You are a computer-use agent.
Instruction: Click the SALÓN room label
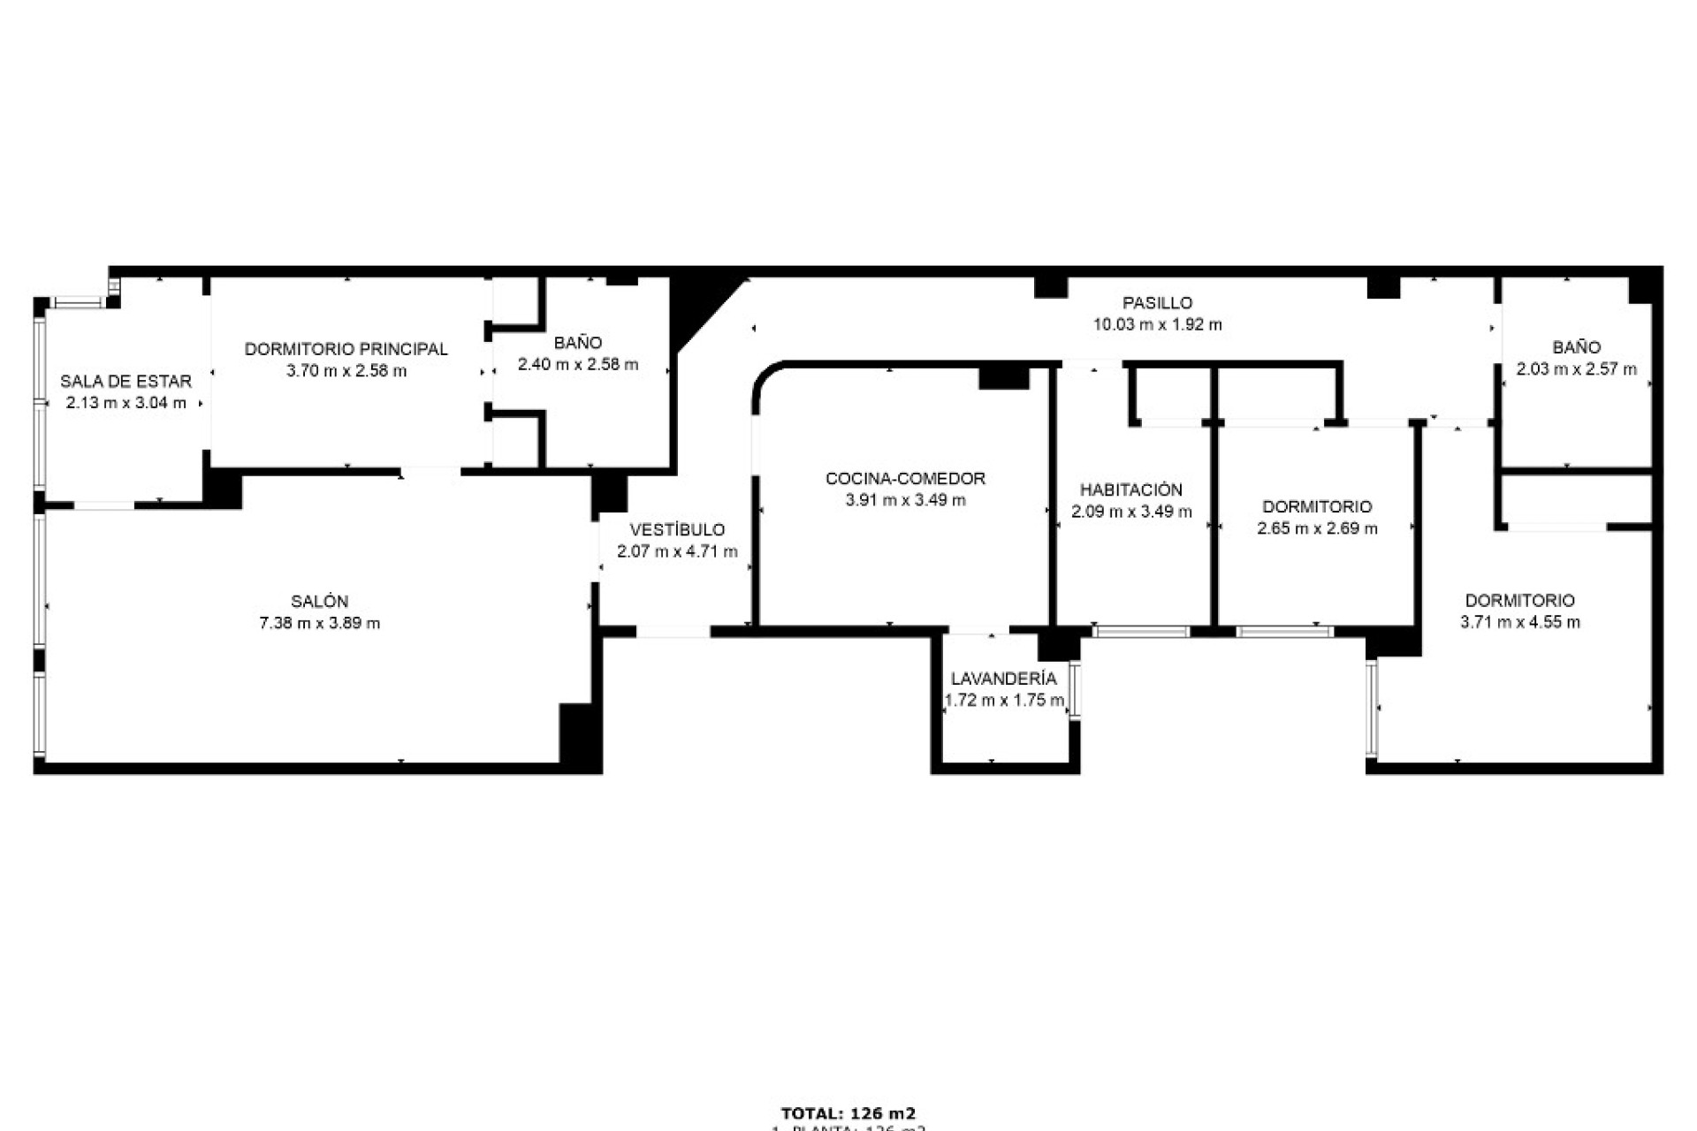(319, 602)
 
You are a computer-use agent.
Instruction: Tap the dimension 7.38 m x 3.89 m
(319, 623)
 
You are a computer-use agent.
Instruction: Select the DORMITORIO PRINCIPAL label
(346, 349)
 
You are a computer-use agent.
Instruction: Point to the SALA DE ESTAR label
(126, 382)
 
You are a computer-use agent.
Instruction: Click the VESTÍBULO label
(677, 530)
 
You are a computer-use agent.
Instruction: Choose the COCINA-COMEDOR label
(905, 479)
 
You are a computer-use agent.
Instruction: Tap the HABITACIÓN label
(1130, 490)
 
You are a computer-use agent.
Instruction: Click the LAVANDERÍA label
(1003, 679)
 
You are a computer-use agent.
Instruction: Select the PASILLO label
(1157, 303)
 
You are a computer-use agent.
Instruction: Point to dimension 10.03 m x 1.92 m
(1157, 324)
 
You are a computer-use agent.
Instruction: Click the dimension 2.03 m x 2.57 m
(1576, 369)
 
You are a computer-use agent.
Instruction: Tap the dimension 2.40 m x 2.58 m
(577, 364)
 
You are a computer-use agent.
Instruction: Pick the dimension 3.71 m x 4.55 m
(1519, 622)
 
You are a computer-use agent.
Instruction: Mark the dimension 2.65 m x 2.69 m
(1317, 528)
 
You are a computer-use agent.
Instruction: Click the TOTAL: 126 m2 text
(848, 1113)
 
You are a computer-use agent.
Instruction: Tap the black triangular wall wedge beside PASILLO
(694, 305)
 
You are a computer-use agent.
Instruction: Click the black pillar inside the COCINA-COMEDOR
(1003, 377)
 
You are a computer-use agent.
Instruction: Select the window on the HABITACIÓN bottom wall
(1140, 632)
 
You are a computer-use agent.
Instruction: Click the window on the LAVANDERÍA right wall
(1075, 688)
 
